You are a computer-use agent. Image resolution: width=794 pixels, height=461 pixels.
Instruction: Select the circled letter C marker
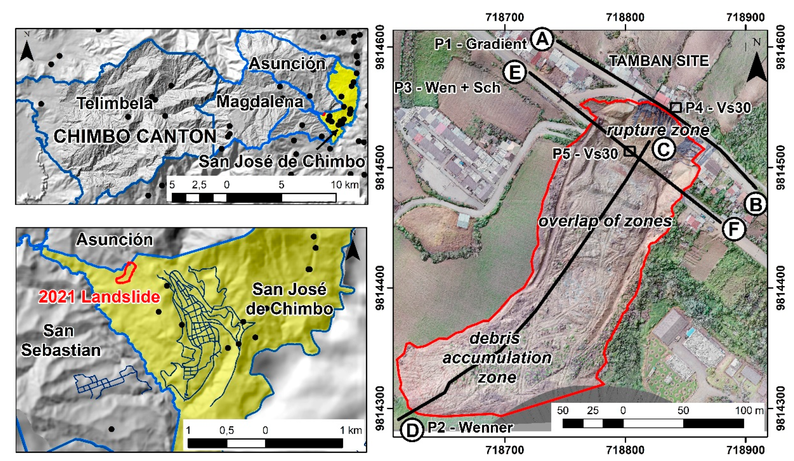point(663,149)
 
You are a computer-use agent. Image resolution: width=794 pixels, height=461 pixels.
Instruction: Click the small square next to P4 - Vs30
point(676,107)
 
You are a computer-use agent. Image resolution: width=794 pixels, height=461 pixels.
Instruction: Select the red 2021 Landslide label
point(99,297)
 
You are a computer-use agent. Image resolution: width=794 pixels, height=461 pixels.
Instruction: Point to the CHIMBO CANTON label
point(135,136)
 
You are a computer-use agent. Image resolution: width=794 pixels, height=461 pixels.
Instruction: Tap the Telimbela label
point(115,103)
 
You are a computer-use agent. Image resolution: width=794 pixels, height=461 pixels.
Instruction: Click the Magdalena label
point(260,102)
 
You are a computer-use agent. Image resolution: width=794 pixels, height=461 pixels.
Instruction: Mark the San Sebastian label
point(60,341)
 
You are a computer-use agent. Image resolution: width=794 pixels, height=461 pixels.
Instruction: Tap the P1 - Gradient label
point(480,44)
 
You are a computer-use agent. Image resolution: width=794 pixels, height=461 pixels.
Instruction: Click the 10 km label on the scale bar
point(344,185)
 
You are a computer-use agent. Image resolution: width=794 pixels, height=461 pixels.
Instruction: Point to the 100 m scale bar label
point(749,410)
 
